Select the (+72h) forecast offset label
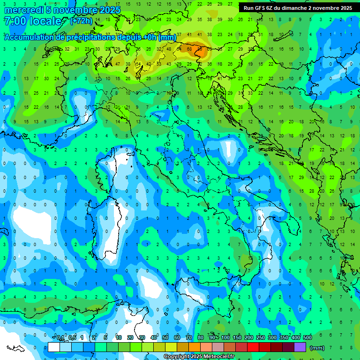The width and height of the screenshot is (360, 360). pos(81,21)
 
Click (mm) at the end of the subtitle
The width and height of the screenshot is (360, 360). pos(167,37)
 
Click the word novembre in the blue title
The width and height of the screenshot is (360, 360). pos(71,10)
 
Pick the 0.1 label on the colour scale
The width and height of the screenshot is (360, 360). pos(60,338)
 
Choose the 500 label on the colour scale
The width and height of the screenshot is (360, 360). pos(307,338)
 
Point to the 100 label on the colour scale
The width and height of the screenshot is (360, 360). pos(225,338)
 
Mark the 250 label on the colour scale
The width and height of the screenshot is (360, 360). pos(261,338)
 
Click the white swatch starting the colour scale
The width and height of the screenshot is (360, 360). pos(54,347)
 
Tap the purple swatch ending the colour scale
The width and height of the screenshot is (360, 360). pos(300,347)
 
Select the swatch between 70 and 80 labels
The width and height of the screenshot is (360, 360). pos(195,347)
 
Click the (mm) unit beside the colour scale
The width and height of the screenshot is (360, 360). pos(317,348)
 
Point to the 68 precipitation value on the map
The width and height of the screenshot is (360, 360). pos(189,48)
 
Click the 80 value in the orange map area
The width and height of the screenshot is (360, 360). pos(201,48)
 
